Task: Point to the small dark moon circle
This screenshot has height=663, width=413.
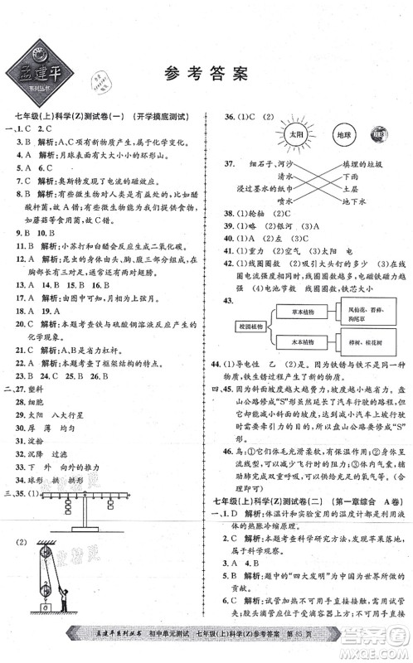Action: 378,134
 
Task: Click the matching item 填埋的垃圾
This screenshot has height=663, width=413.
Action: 359,164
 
